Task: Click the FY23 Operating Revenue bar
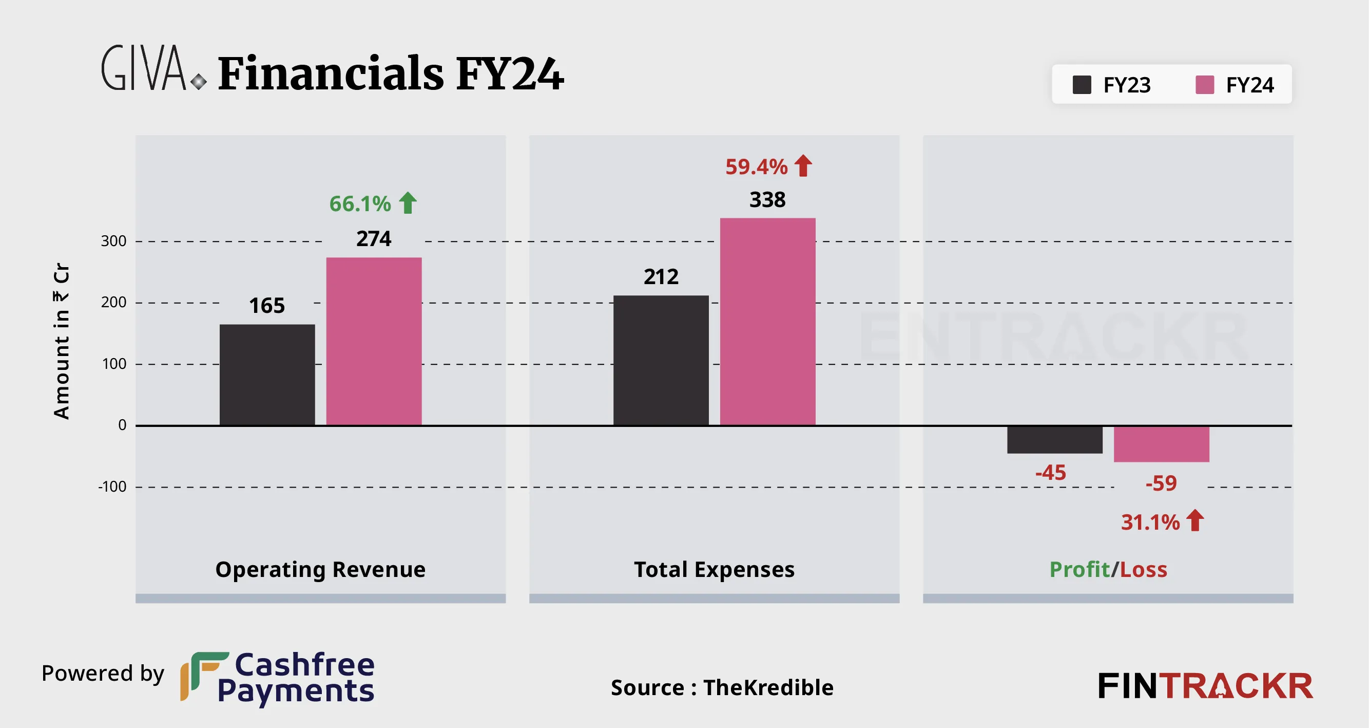[x=267, y=375]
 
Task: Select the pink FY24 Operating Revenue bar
[x=374, y=342]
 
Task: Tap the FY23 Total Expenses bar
[x=661, y=361]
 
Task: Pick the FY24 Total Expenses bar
[x=767, y=322]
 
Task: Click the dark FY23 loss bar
[x=1054, y=440]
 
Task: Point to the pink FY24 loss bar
[x=1161, y=444]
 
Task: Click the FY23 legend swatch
[x=1082, y=85]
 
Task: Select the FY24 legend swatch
[x=1204, y=85]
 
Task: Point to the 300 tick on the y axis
[x=114, y=241]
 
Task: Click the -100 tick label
[x=112, y=487]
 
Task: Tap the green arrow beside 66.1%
[x=408, y=203]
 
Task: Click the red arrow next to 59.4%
[x=803, y=166]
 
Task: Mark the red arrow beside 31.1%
[x=1194, y=520]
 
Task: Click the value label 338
[x=767, y=200]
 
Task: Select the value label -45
[x=1051, y=473]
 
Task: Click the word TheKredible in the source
[x=768, y=687]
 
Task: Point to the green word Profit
[x=1079, y=570]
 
